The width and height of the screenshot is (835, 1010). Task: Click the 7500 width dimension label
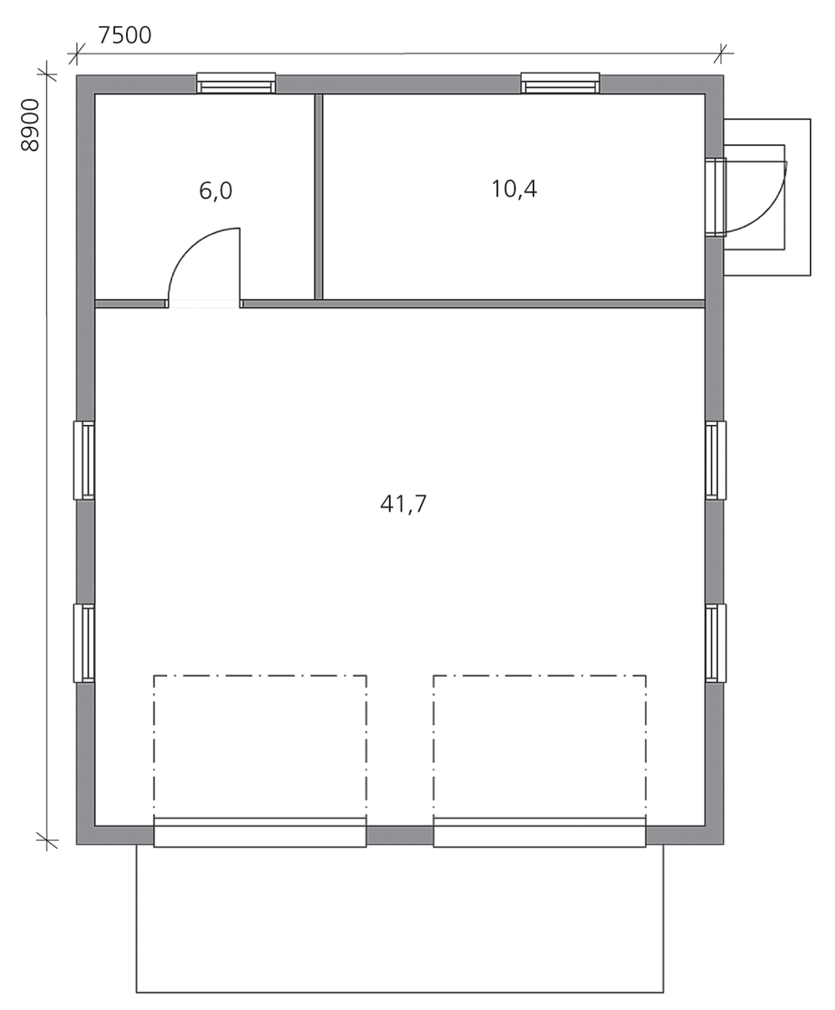point(124,35)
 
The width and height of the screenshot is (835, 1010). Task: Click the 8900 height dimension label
point(30,125)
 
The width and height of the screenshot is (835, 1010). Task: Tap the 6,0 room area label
point(215,190)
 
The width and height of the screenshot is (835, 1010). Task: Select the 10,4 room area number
point(514,189)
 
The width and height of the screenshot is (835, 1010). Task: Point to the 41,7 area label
point(403,504)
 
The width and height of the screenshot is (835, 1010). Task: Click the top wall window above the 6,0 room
point(236,83)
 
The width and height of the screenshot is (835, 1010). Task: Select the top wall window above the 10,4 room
point(560,83)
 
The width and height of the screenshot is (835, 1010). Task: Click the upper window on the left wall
point(84,460)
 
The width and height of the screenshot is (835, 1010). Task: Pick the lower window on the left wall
point(84,643)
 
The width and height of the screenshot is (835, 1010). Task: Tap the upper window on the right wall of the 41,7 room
point(716,460)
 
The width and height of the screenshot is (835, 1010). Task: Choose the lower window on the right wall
point(716,643)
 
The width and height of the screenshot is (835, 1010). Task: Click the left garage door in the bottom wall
point(260,832)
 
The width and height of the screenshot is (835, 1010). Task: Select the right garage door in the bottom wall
point(539,832)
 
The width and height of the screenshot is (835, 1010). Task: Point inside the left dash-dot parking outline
point(260,745)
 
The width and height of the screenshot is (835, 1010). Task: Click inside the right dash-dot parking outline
point(539,745)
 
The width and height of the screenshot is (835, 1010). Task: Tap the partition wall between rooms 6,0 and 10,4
point(318,196)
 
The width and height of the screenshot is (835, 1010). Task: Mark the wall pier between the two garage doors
point(400,836)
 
